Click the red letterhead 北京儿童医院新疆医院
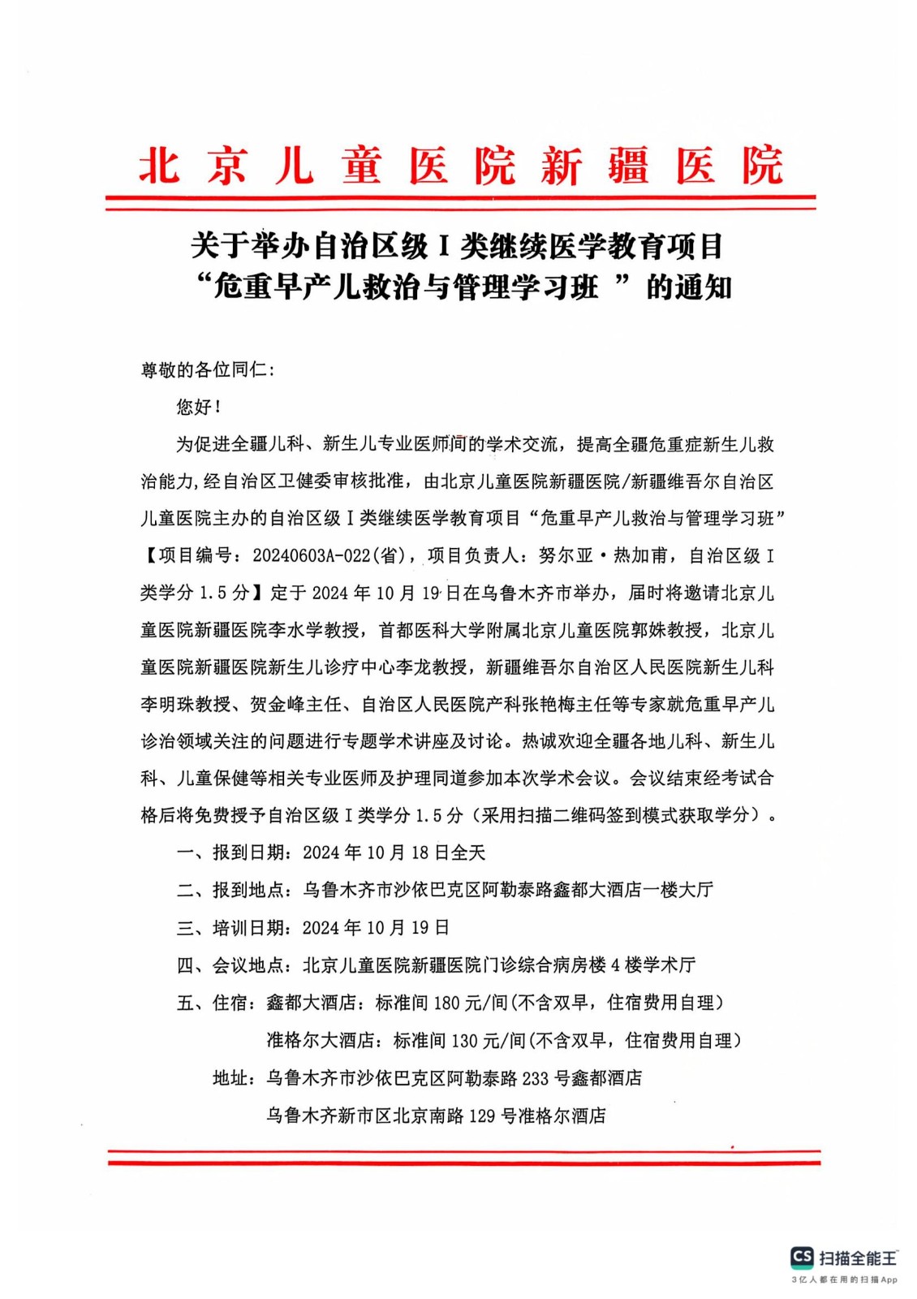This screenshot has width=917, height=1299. pyautogui.click(x=460, y=166)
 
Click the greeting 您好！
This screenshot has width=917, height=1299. pyautogui.click(x=198, y=408)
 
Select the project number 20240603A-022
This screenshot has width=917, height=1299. pyautogui.click(x=312, y=555)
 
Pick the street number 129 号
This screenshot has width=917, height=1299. pyautogui.click(x=493, y=1116)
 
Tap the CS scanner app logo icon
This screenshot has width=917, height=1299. pyautogui.click(x=802, y=1258)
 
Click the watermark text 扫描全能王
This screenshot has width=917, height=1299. pyautogui.click(x=858, y=1258)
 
